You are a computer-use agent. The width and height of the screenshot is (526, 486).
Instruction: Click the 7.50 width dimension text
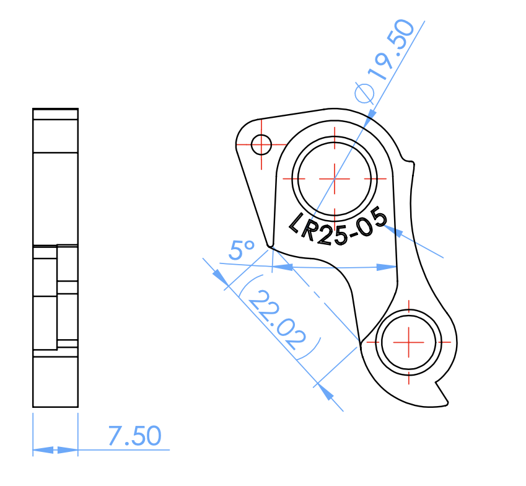[134, 436]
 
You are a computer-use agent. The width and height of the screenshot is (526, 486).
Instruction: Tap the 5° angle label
[241, 251]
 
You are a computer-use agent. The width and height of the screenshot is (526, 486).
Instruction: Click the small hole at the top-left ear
[261, 144]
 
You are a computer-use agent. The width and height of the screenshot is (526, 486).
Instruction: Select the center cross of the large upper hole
[335, 177]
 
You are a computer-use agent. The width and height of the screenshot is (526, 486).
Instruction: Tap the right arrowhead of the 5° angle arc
[387, 267]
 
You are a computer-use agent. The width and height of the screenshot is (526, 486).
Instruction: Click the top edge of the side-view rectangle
[55, 108]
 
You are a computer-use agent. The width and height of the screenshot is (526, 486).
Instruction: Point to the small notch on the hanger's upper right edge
[410, 162]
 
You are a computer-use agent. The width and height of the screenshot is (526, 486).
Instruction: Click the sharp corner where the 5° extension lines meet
[271, 247]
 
